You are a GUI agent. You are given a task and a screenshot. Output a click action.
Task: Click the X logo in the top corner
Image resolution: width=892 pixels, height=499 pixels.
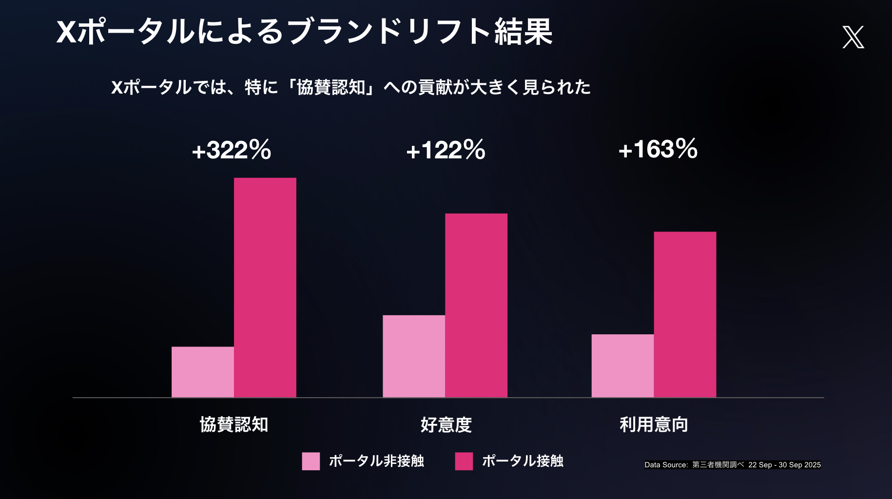853,37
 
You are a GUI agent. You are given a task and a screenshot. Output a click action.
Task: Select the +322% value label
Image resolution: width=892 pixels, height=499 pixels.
232,150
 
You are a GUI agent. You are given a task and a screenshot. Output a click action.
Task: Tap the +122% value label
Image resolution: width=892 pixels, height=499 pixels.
446,150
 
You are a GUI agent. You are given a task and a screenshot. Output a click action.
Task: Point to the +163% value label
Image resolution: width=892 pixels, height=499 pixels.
658,149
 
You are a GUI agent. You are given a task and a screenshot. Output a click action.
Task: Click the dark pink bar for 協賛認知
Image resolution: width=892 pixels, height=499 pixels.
265,288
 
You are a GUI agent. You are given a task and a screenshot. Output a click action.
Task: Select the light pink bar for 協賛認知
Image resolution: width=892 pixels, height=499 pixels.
203,372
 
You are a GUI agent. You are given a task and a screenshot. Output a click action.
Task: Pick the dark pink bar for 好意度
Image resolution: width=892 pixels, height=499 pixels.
476,305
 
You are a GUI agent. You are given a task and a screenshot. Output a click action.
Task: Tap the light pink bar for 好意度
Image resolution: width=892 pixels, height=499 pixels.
414,356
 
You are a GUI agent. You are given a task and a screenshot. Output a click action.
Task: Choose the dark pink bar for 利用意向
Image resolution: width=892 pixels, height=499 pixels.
685,314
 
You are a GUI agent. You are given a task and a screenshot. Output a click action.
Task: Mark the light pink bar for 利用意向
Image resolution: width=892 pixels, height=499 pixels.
622,365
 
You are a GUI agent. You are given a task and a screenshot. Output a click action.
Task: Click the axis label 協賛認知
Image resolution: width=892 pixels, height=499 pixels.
234,424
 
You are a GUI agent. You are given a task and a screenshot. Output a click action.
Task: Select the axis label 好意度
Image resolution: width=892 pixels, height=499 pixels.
446,425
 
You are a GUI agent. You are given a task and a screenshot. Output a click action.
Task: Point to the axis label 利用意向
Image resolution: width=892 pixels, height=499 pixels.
654,424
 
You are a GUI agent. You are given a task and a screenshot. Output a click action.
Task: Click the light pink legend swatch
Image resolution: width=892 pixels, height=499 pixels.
311,461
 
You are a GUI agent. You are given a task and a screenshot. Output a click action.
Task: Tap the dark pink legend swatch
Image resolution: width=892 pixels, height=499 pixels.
464,461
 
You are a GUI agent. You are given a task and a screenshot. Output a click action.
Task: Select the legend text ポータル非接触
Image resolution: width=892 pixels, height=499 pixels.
376,461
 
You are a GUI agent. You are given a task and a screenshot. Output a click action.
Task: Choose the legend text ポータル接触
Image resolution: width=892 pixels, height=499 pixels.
523,461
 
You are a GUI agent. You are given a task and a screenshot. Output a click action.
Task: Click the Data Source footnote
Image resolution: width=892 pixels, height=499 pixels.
732,465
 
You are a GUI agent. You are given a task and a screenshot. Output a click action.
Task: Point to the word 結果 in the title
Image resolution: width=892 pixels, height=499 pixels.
524,32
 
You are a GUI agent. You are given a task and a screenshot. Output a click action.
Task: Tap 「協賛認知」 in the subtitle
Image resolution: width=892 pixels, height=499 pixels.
331,87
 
